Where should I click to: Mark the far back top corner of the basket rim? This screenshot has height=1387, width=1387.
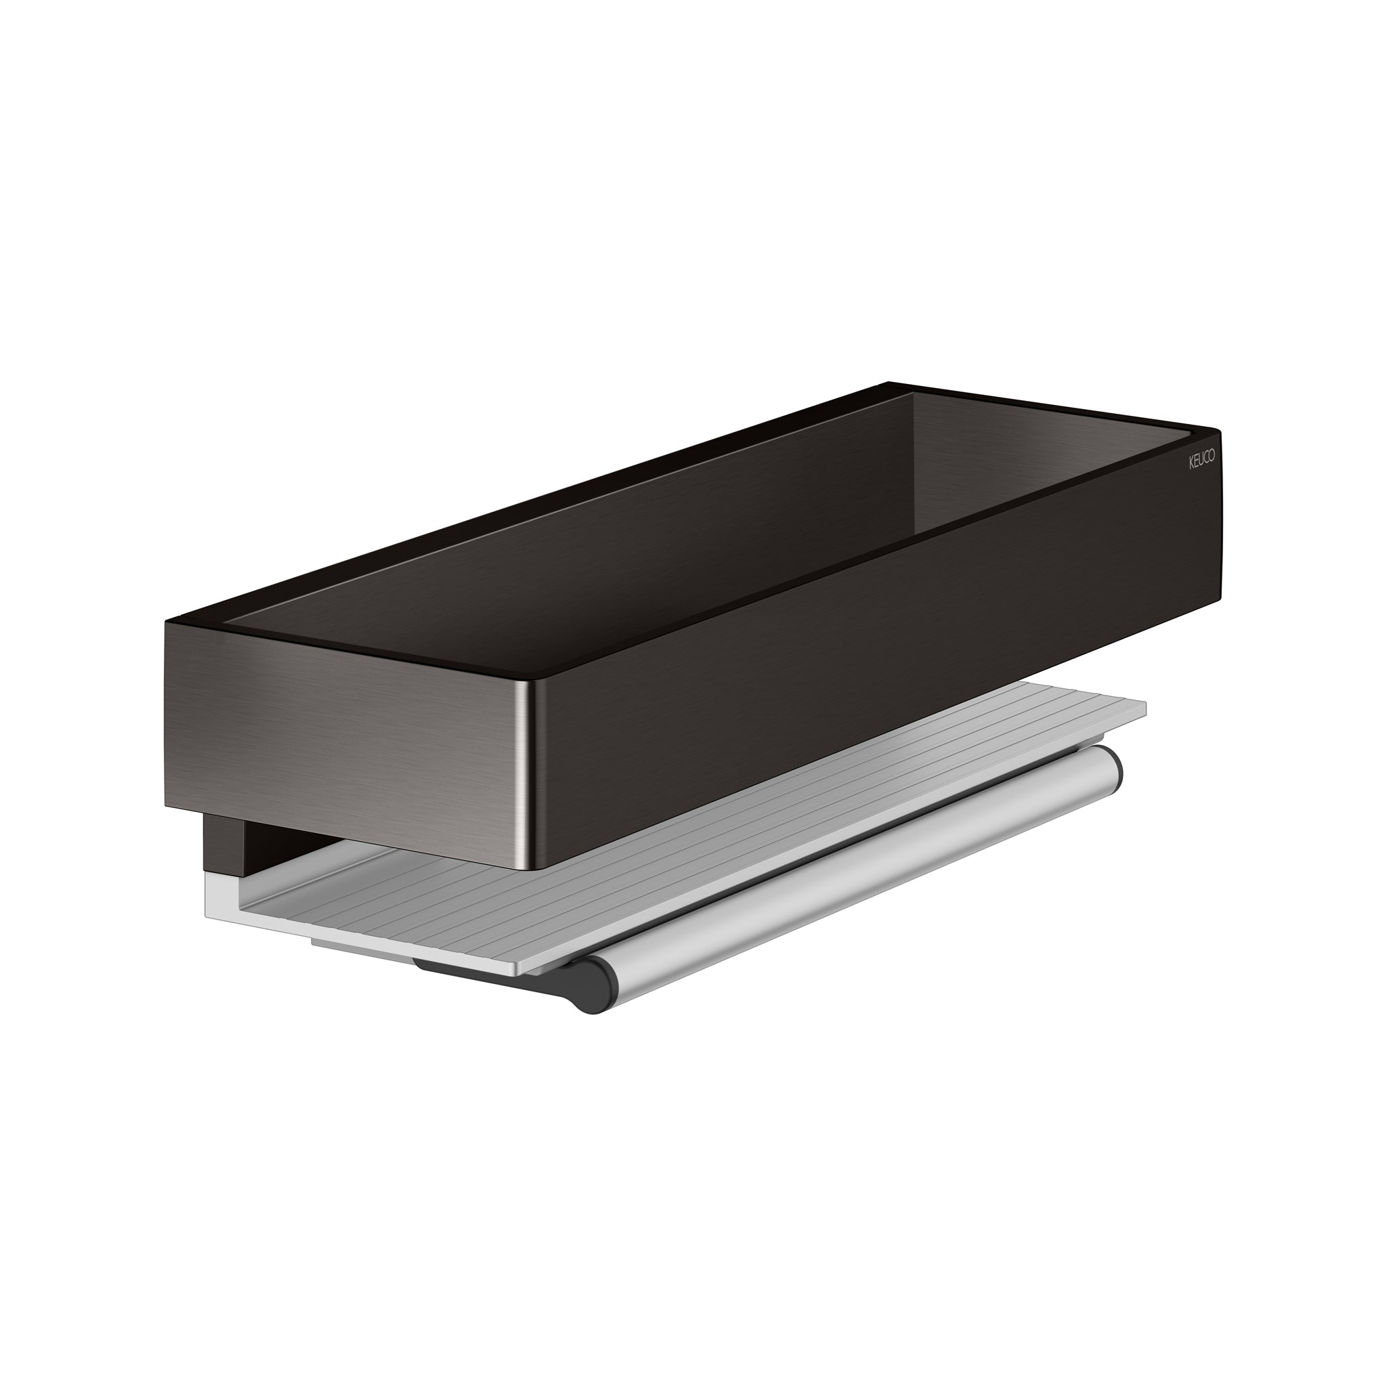coord(889,383)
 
